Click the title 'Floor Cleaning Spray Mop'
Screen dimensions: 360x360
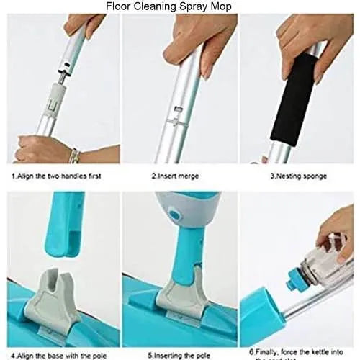coord(169,6)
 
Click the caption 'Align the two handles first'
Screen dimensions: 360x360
coord(56,175)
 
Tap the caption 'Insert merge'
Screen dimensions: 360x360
coord(176,175)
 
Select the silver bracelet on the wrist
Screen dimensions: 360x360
coord(74,156)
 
